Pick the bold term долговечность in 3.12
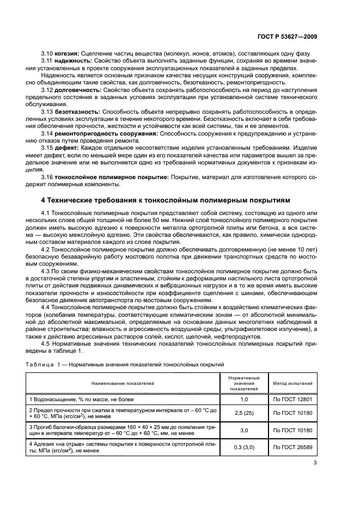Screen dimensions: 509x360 click(77, 89)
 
